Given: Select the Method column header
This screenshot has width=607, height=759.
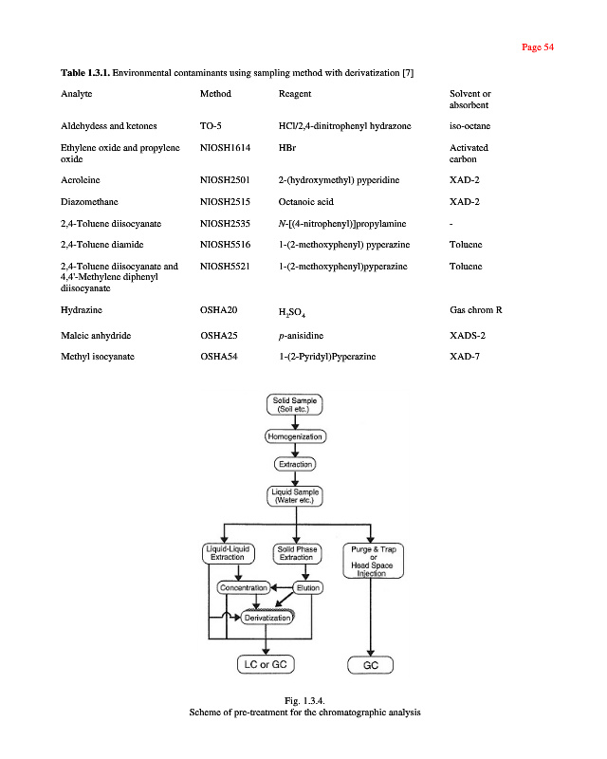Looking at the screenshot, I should (x=215, y=94).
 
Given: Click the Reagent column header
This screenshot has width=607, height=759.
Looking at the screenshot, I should (x=295, y=94).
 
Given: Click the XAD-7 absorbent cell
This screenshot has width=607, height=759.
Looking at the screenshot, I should (x=465, y=355).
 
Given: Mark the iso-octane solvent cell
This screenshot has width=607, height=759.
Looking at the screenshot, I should (x=469, y=125).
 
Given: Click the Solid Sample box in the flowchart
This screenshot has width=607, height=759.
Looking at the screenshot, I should (x=296, y=406).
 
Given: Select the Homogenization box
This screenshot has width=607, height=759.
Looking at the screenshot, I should (x=296, y=437).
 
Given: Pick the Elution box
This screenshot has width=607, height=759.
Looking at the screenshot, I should (x=308, y=588).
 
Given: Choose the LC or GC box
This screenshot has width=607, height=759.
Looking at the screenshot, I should (x=267, y=664).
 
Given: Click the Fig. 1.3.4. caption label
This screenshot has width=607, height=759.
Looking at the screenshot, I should (x=303, y=699).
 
